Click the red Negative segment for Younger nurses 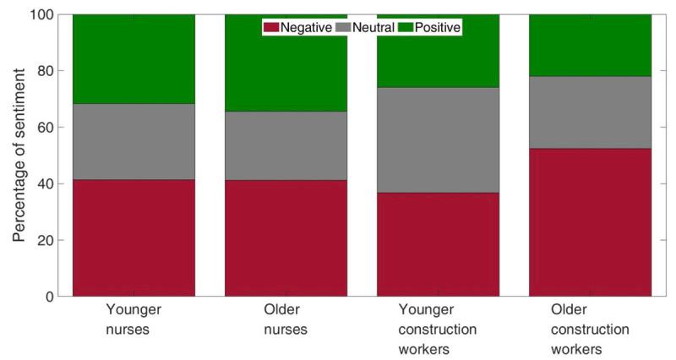click(134, 237)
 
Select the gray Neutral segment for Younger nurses click(134, 141)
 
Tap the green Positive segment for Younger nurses click(134, 59)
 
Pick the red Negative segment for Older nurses click(286, 237)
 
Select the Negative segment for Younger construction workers click(438, 244)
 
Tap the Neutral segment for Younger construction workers click(438, 139)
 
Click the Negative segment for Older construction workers click(590, 222)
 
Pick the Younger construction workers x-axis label click(438, 329)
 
